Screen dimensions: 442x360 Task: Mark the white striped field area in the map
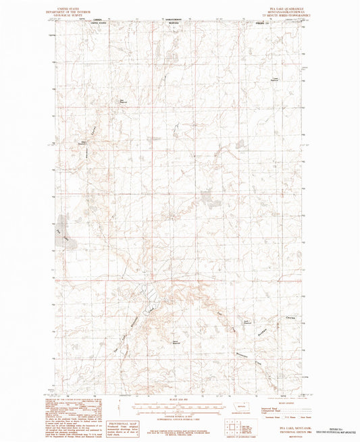point(150,293)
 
